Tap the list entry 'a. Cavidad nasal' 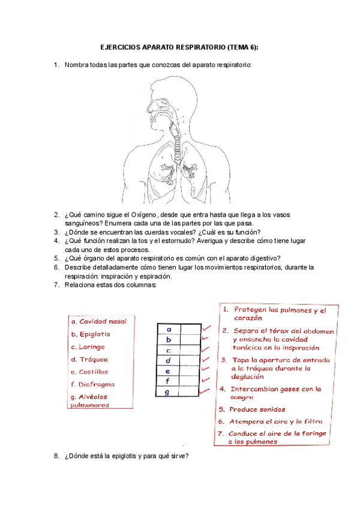pos(98,321)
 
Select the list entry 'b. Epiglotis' pos(91,334)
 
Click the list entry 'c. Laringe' pos(88,346)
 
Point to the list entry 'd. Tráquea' pos(89,359)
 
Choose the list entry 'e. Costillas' pos(89,372)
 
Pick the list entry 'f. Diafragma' pos(92,384)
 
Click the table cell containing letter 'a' pos(169,329)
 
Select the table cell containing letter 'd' pos(169,360)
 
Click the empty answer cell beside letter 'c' pos(191,350)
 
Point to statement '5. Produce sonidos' pos(256,409)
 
